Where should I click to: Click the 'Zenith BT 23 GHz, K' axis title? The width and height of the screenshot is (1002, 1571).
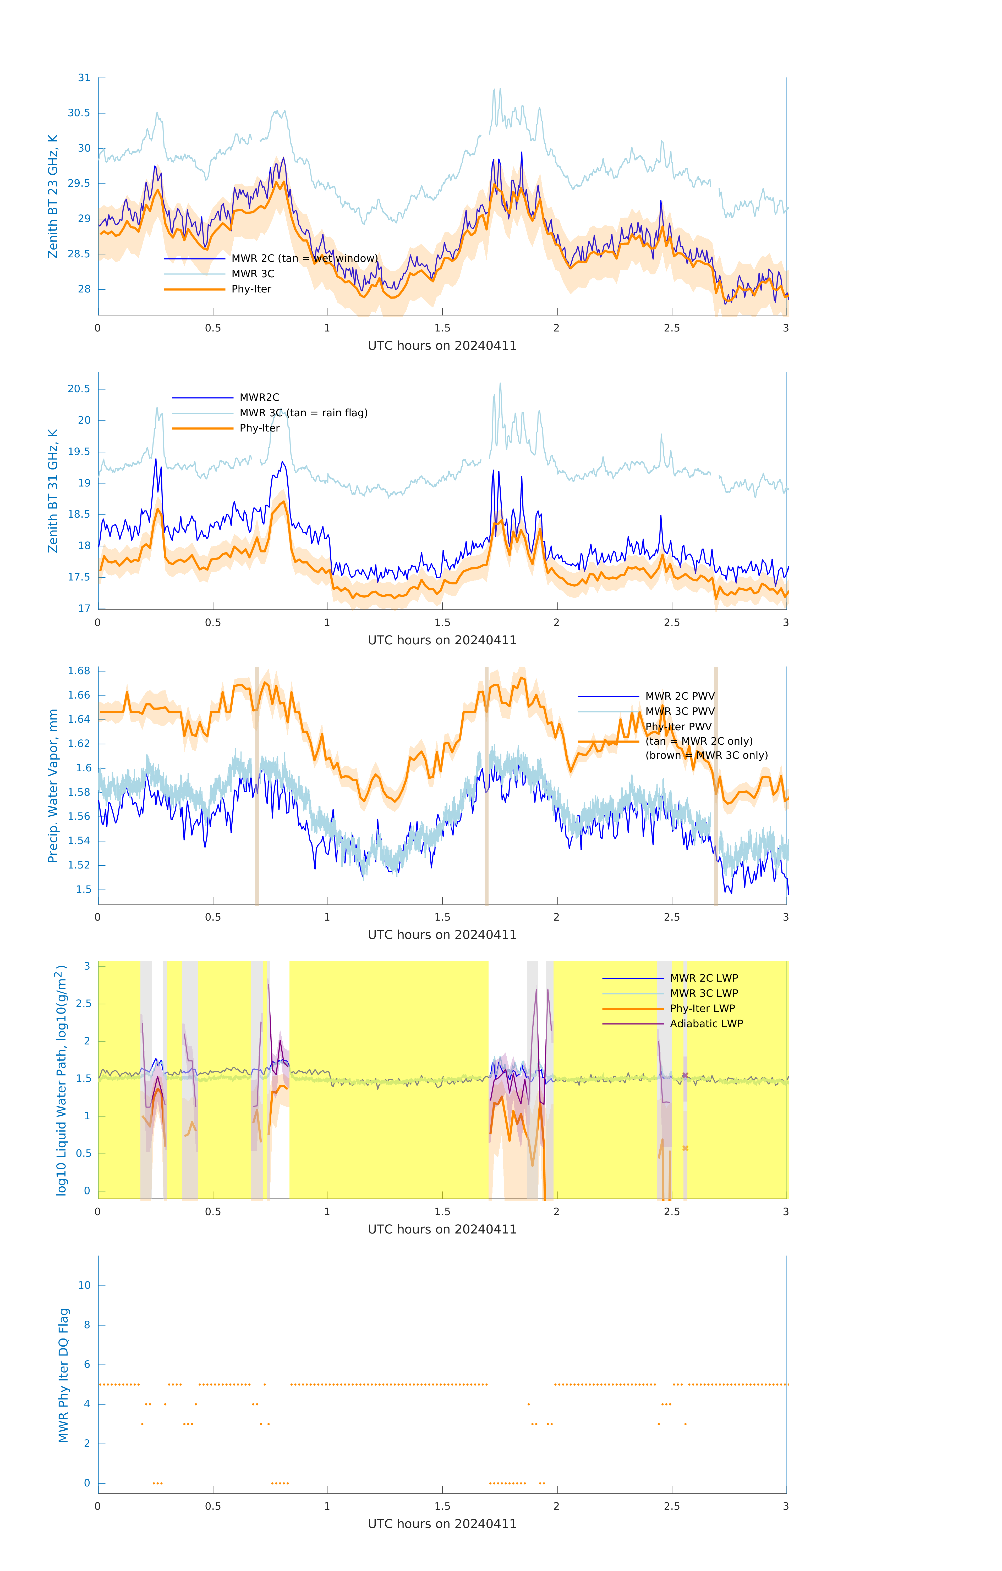click(x=53, y=196)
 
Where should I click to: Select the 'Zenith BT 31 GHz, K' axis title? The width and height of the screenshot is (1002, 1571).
click(x=53, y=491)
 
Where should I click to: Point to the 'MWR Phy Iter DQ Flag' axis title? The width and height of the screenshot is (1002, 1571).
click(x=63, y=1375)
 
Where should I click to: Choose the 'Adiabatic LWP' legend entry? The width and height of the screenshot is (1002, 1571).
click(x=706, y=1024)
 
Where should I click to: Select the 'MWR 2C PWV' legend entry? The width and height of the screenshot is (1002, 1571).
click(x=680, y=696)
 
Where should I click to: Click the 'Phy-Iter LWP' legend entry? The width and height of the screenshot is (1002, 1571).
click(x=702, y=1009)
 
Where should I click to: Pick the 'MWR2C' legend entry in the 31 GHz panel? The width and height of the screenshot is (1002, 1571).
click(x=259, y=397)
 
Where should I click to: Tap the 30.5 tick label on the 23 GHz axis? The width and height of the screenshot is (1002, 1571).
click(x=79, y=113)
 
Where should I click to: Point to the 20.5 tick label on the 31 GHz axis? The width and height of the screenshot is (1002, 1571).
click(x=79, y=389)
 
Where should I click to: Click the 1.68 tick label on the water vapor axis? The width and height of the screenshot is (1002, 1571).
click(x=79, y=671)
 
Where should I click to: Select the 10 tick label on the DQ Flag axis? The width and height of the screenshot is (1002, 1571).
click(x=84, y=1285)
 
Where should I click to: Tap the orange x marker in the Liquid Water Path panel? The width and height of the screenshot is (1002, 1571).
click(x=685, y=1148)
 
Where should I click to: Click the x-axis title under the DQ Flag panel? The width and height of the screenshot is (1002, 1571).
click(x=442, y=1524)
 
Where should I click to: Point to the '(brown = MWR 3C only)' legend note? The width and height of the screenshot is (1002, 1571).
click(x=706, y=755)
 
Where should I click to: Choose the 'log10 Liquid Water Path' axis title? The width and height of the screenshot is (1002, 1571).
click(x=61, y=1080)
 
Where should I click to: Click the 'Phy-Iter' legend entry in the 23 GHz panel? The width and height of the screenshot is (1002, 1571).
click(x=251, y=289)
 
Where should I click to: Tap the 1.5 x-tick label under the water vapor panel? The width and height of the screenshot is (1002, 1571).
click(x=442, y=917)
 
